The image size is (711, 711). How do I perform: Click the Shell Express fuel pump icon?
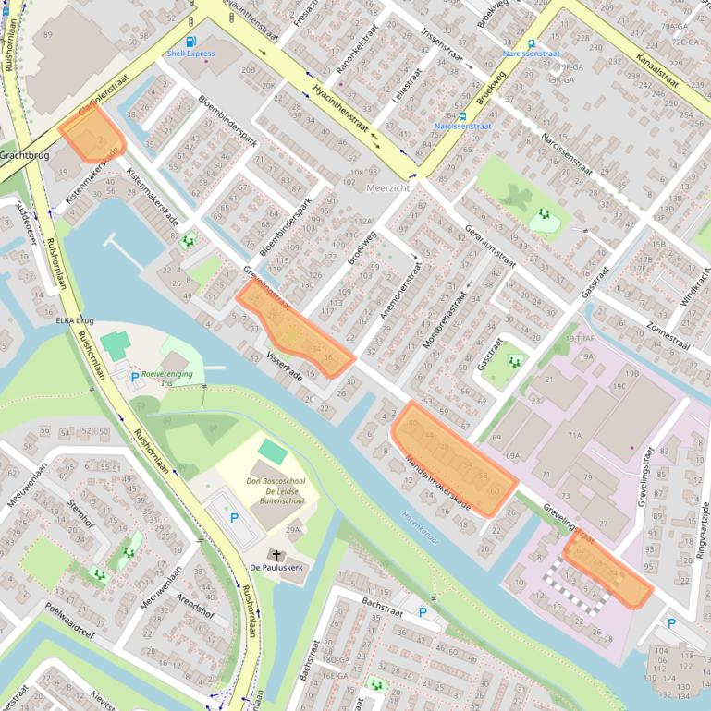coord(190,41)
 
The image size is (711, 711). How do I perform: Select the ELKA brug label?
coord(75,320)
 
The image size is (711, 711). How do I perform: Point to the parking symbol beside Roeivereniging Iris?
coord(134,377)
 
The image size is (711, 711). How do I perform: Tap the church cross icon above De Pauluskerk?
coord(275,554)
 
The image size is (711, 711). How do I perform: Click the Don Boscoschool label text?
coord(276,480)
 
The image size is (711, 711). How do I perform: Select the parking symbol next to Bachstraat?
coord(423,612)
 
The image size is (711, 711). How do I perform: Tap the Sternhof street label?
coord(81,515)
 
